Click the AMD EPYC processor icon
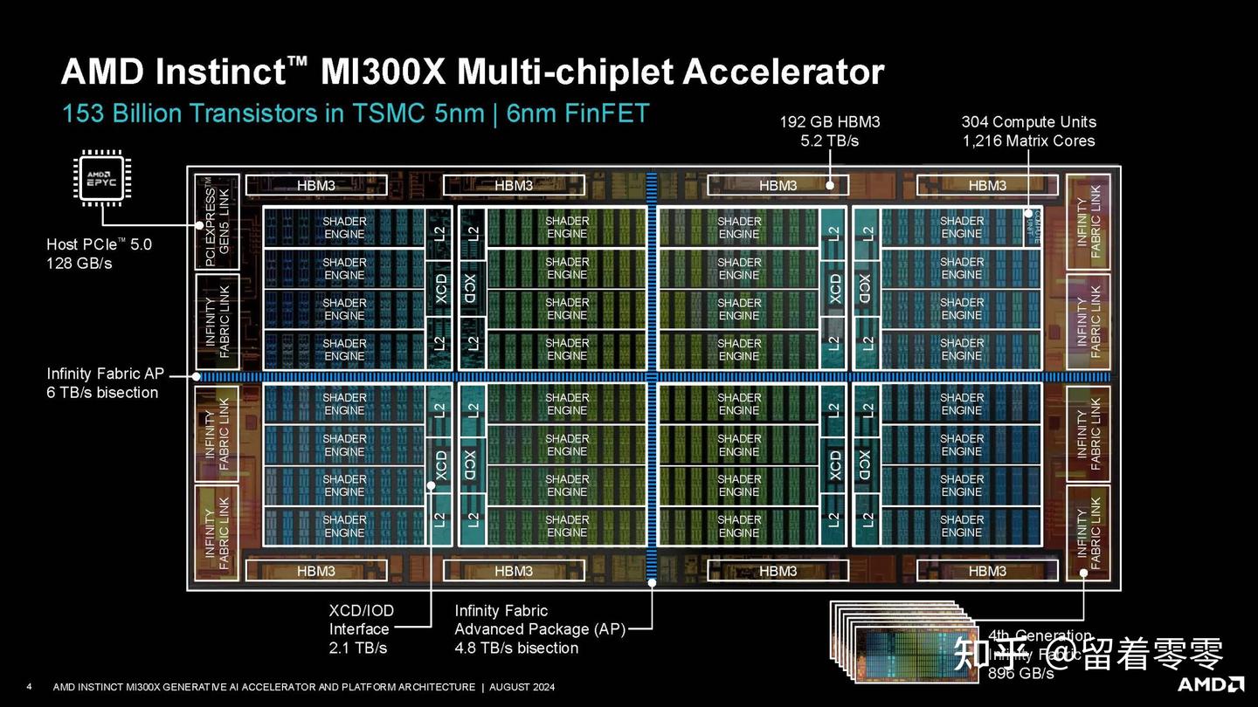click(x=101, y=178)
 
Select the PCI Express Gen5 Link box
click(x=215, y=221)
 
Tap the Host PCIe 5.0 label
click(x=99, y=244)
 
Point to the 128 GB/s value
click(x=79, y=263)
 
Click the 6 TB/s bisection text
click(x=102, y=393)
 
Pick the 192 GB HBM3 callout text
click(x=829, y=122)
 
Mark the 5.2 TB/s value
click(x=829, y=141)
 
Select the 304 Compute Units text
click(x=1028, y=122)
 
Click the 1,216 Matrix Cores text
click(x=1028, y=141)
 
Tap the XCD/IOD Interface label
click(x=360, y=619)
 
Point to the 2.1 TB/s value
click(x=358, y=648)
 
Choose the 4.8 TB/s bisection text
click(x=516, y=648)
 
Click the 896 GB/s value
click(x=1020, y=673)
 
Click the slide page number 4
click(x=30, y=686)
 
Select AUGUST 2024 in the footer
click(x=522, y=687)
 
